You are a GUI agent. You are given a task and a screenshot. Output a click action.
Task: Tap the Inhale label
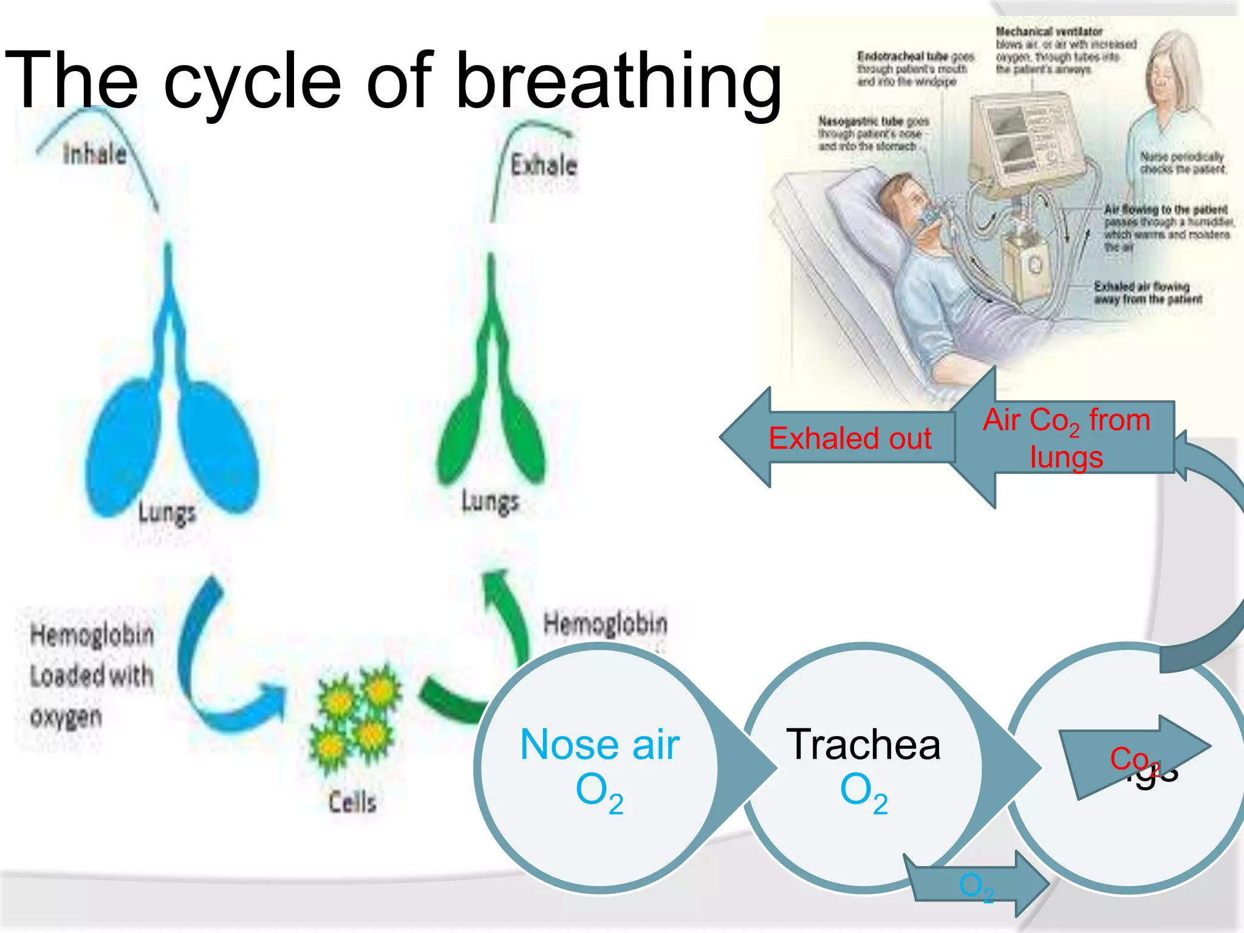click(x=95, y=154)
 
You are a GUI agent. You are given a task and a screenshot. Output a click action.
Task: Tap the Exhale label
click(x=543, y=165)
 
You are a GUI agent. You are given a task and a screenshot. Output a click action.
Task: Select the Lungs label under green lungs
click(x=490, y=502)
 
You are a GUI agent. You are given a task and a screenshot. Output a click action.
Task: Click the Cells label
click(x=352, y=802)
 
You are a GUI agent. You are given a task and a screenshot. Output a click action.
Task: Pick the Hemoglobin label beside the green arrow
click(x=605, y=623)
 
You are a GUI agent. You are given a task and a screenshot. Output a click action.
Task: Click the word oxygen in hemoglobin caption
click(x=66, y=717)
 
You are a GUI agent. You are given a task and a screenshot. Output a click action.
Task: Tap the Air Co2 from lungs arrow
click(x=1066, y=437)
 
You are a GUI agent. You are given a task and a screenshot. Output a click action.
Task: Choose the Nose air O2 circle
click(x=599, y=768)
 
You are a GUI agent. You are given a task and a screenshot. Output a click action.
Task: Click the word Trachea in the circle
click(x=863, y=745)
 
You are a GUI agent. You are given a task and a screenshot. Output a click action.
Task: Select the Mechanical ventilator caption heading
click(x=1048, y=31)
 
